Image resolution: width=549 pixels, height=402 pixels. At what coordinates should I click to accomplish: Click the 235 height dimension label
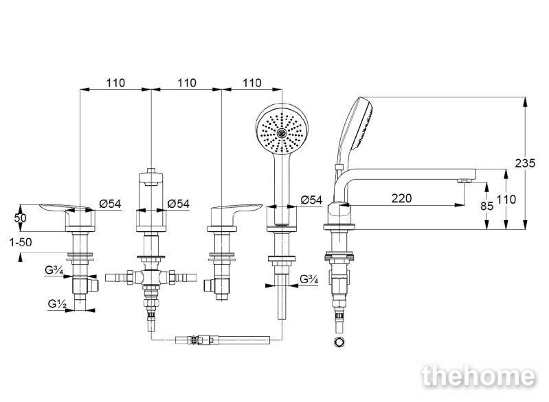click(x=525, y=163)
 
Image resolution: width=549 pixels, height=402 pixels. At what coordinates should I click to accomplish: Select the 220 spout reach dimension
click(x=401, y=198)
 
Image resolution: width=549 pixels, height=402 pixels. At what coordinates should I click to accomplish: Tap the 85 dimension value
click(x=486, y=206)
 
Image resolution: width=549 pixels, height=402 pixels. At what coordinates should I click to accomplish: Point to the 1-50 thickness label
click(x=21, y=242)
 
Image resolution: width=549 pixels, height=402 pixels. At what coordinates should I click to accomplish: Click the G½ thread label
click(x=57, y=304)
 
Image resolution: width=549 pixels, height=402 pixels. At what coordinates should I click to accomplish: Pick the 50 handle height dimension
click(x=20, y=218)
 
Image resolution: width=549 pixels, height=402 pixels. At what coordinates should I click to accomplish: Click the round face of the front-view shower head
click(x=282, y=129)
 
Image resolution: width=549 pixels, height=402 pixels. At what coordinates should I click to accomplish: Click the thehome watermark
click(x=479, y=377)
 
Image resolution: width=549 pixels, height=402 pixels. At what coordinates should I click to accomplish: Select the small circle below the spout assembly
click(x=339, y=342)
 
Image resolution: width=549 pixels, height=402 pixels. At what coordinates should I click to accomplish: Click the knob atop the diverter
click(x=151, y=170)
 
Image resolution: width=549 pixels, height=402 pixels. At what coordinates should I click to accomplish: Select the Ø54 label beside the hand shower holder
click(x=311, y=200)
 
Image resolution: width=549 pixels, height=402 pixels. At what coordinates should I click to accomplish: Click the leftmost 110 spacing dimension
click(x=115, y=83)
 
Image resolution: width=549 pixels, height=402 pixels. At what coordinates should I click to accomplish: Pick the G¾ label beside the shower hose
click(x=309, y=279)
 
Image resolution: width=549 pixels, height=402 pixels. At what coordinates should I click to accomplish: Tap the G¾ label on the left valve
click(x=54, y=270)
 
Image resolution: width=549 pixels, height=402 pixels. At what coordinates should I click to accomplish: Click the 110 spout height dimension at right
click(x=506, y=200)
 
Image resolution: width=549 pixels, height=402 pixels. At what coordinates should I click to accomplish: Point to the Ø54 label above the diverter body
click(x=178, y=204)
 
